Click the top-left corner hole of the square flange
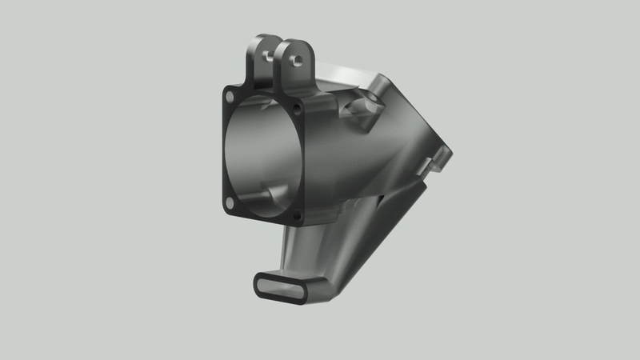(x=230, y=96)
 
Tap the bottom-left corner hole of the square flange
(x=230, y=203)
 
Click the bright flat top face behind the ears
(x=344, y=76)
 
